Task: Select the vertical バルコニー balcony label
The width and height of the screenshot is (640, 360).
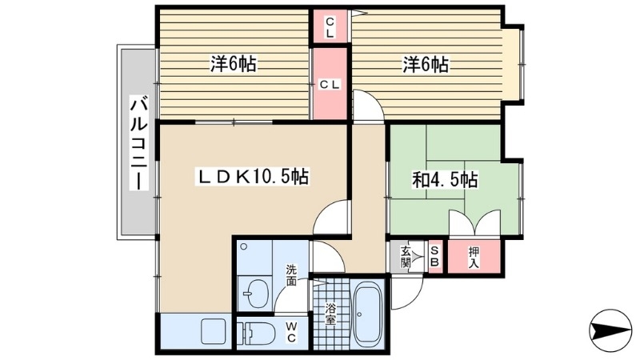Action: [x=138, y=142]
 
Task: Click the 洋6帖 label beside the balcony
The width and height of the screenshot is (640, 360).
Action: [x=233, y=65]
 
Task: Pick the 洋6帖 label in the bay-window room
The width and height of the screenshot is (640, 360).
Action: [x=425, y=65]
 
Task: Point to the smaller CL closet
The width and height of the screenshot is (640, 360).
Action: [x=330, y=26]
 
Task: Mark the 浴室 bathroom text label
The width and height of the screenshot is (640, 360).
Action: [x=330, y=313]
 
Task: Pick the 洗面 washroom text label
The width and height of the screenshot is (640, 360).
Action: [x=291, y=275]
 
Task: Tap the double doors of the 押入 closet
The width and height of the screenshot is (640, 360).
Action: [x=474, y=224]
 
